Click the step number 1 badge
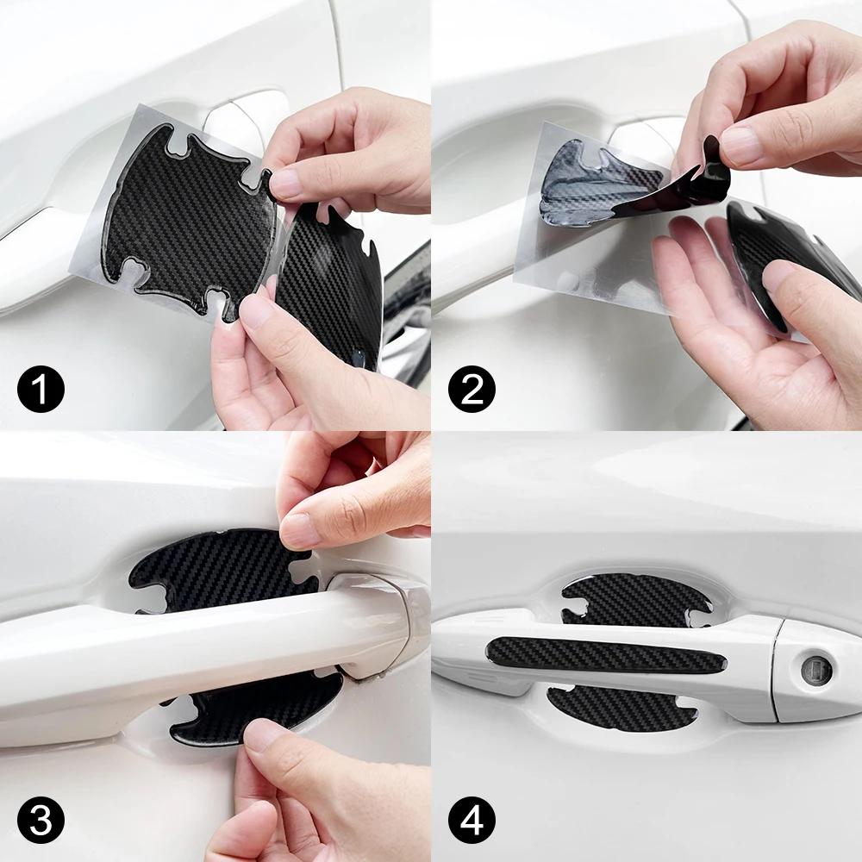pos(41,390)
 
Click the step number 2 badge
pos(472,390)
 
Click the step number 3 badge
pos(41,821)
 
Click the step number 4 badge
pos(472,821)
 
